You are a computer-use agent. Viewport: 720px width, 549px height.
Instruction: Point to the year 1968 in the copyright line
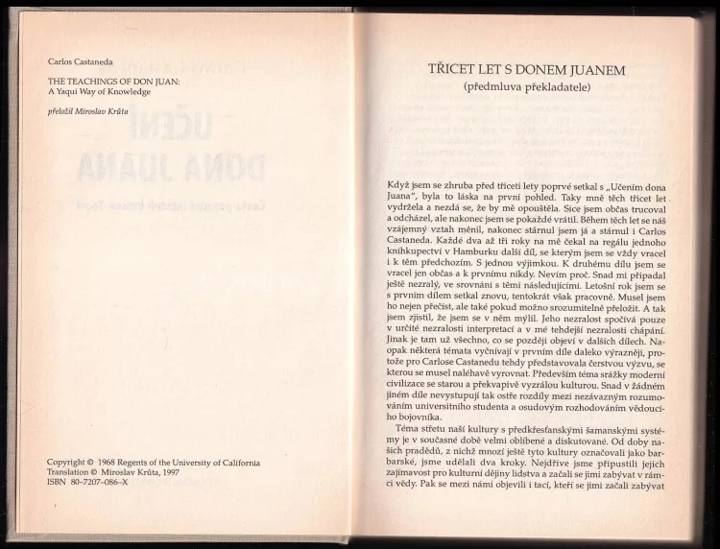[113, 463]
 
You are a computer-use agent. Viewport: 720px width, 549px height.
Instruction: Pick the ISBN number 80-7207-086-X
[101, 484]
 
